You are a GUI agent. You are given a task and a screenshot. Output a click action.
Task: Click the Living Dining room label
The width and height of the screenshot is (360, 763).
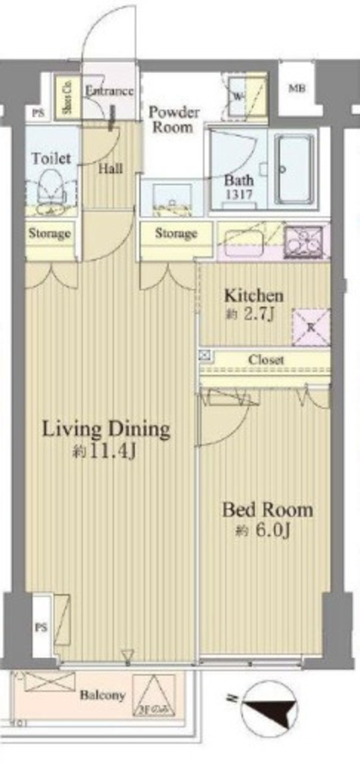point(106,429)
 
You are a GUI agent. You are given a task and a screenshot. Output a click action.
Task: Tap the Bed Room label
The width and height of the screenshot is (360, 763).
point(268,510)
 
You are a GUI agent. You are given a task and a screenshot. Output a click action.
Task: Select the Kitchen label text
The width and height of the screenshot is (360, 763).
point(250,295)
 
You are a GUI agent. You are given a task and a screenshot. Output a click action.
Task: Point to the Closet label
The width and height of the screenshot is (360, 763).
point(266,360)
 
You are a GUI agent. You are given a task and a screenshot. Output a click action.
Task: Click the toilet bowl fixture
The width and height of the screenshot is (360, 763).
point(49,187)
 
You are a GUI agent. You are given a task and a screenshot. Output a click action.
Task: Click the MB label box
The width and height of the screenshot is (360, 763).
point(296,89)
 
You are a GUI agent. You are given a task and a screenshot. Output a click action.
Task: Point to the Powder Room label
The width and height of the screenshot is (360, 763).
point(174,119)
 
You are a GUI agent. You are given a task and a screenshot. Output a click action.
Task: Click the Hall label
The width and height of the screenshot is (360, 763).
point(110,168)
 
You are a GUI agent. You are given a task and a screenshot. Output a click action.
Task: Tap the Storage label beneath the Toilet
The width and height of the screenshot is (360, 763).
point(49,233)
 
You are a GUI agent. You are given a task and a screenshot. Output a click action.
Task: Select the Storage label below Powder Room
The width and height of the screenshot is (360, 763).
point(176,233)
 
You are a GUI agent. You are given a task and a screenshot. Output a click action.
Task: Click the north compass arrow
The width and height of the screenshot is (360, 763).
point(265,709)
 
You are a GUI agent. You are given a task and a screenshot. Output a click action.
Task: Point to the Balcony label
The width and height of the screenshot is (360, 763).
point(103,695)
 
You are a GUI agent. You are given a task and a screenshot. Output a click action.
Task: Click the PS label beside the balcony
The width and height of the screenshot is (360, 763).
point(40,627)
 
